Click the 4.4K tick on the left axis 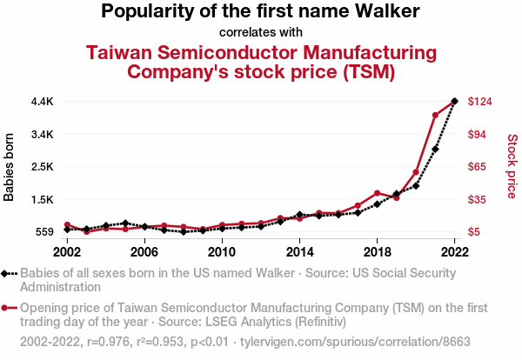[x=42, y=102]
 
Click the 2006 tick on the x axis [x=144, y=251]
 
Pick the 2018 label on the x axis [x=377, y=251]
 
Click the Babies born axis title [x=10, y=167]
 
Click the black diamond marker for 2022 [x=454, y=102]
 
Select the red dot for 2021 [x=435, y=115]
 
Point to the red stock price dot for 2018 [x=377, y=193]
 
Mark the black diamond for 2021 [x=435, y=149]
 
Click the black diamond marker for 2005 [x=125, y=223]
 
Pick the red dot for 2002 [x=67, y=225]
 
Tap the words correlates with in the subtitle [x=261, y=33]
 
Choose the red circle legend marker [x=6, y=308]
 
